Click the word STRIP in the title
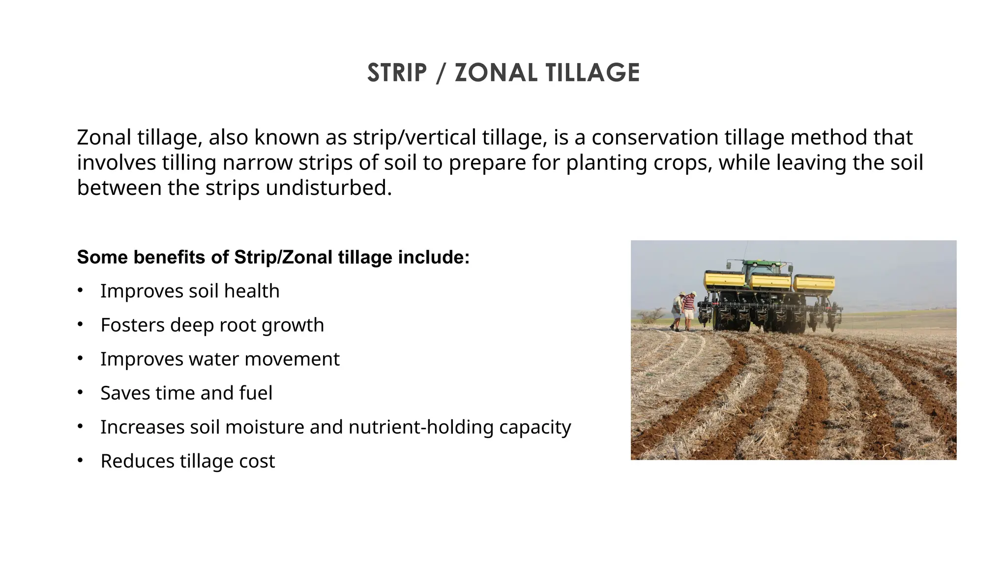coord(397,73)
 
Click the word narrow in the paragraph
coord(257,163)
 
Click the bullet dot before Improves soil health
coord(80,290)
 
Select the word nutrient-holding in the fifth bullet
coord(421,427)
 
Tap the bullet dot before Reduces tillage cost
coord(80,461)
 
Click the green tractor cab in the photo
coord(762,268)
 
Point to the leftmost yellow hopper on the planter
coord(725,280)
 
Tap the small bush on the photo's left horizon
coord(652,315)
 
